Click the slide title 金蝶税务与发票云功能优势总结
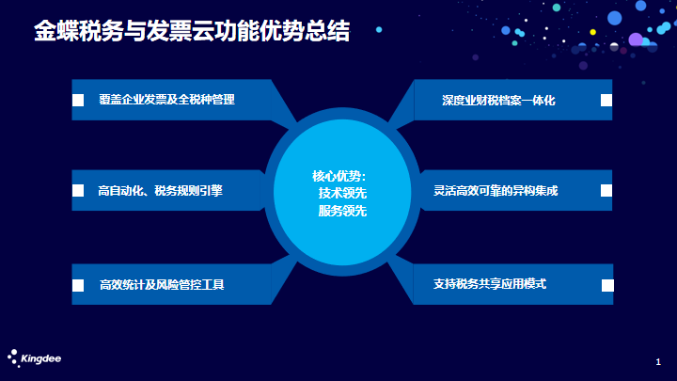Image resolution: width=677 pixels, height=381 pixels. coord(192,31)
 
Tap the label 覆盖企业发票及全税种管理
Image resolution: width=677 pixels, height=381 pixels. coord(166,100)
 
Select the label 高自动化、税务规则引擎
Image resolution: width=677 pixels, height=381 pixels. coord(160,190)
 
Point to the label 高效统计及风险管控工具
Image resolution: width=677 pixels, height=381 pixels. coord(162,285)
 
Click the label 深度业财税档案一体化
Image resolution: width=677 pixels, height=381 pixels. coord(498,101)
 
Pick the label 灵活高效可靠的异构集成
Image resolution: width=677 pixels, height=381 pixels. coord(496,190)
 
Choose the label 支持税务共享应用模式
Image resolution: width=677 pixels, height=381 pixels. coord(490,284)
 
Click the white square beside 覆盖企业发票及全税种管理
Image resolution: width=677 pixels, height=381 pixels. coord(78,101)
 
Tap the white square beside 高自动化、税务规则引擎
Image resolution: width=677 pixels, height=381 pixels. coord(78,190)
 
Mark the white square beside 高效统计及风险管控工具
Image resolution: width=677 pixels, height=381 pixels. coord(78,286)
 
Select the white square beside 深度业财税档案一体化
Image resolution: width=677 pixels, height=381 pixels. coord(606,101)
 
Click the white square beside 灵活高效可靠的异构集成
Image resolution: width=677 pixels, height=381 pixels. coord(606,190)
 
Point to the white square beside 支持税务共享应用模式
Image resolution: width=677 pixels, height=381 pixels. coord(607,286)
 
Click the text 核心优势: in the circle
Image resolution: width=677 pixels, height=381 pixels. coord(339,176)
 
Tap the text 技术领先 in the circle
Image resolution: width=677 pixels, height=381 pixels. coord(342,193)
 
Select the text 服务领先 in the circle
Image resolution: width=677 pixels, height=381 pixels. coord(342,211)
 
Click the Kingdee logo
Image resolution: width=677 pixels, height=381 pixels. coord(34,358)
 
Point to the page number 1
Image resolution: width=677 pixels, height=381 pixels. coord(658,362)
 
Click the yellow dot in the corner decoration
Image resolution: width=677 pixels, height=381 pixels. coord(592,32)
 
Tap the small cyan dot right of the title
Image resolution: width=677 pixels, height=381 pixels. coord(379,29)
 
